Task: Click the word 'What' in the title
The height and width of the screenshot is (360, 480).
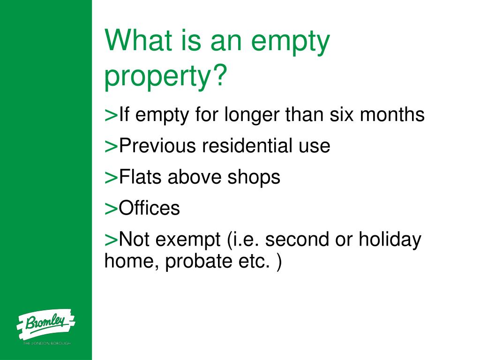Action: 136,41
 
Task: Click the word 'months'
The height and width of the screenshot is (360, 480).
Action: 392,114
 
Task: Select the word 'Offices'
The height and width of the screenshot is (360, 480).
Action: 150,208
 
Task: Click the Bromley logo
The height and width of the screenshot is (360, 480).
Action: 45,324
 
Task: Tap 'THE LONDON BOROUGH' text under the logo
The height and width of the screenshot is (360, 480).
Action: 47,344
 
